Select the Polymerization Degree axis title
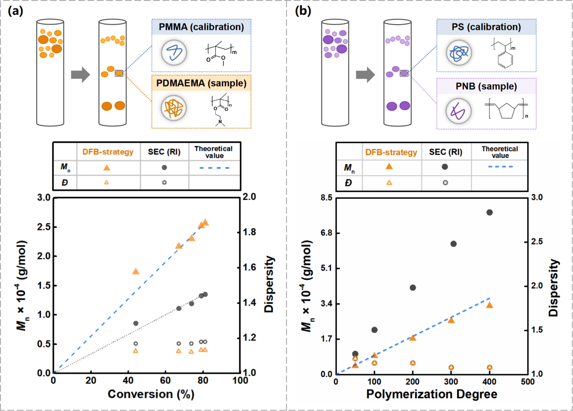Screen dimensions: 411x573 pyautogui.click(x=431, y=394)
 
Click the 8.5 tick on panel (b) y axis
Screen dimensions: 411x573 pyautogui.click(x=324, y=198)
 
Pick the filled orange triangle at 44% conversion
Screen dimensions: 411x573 pyautogui.click(x=136, y=271)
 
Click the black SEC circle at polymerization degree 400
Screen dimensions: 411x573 pyautogui.click(x=490, y=212)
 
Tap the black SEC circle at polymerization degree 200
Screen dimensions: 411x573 pyautogui.click(x=412, y=288)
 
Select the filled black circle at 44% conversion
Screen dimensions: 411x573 pyautogui.click(x=136, y=323)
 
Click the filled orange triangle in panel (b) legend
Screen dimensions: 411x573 pyautogui.click(x=389, y=166)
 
